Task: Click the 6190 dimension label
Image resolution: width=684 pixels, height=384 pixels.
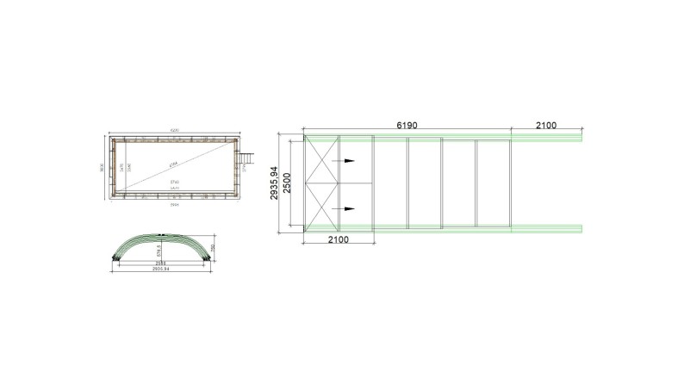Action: [407, 126]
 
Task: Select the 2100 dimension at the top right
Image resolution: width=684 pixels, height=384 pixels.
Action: [546, 126]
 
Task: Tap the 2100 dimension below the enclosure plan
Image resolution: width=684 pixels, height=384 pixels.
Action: [339, 239]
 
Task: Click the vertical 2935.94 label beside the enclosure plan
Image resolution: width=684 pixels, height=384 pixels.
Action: [275, 183]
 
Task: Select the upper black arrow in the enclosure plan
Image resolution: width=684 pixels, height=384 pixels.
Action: [348, 161]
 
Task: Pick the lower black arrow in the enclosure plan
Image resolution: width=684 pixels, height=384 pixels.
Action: [348, 209]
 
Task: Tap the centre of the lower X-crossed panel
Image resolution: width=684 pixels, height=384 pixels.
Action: [322, 205]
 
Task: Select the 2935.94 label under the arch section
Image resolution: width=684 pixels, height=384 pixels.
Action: [163, 269]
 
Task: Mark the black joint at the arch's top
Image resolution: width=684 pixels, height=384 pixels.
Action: [163, 233]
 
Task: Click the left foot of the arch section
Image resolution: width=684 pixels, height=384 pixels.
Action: [116, 258]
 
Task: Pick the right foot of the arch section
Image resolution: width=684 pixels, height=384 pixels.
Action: [208, 258]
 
